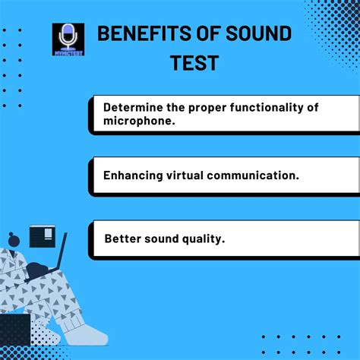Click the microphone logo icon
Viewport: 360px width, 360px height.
68,39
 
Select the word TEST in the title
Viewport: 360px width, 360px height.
195,62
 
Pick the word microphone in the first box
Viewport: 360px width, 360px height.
134,122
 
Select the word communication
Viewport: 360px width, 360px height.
256,175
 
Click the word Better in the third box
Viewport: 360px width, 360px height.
122,238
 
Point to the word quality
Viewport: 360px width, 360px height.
203,238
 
